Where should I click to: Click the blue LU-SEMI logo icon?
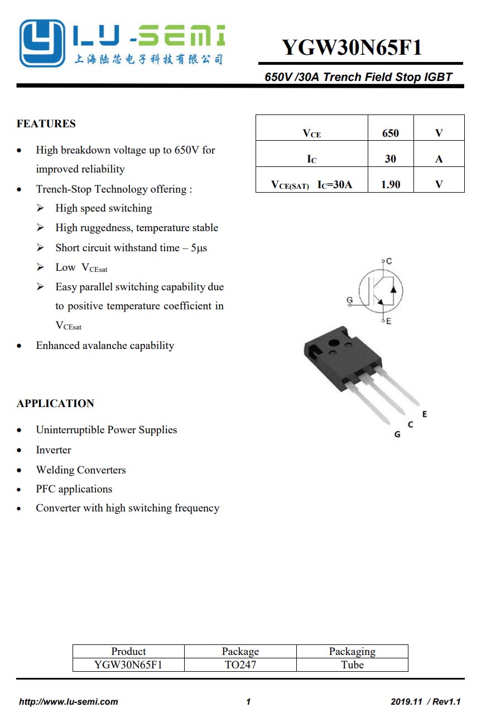tap(43, 44)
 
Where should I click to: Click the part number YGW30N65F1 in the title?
tap(352, 47)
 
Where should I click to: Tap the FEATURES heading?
tap(46, 123)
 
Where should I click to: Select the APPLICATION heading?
tap(55, 403)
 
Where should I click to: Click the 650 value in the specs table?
tap(391, 133)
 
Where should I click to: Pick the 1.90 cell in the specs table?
tap(391, 184)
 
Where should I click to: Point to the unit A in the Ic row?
tap(439, 159)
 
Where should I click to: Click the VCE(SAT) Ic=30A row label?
tap(311, 185)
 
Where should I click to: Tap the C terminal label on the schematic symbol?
tap(389, 261)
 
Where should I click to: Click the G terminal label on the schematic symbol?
tap(350, 300)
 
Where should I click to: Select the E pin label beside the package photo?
tap(425, 414)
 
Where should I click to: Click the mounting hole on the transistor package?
tap(334, 342)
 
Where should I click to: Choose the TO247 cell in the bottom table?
tap(240, 664)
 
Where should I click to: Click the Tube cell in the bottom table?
tap(352, 664)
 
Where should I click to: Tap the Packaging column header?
tap(352, 651)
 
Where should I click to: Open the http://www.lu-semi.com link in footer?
tap(69, 702)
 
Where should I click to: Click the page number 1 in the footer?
tap(248, 702)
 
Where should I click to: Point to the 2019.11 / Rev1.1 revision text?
tap(426, 702)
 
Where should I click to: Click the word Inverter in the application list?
tap(54, 450)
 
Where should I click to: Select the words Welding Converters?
tap(81, 470)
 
